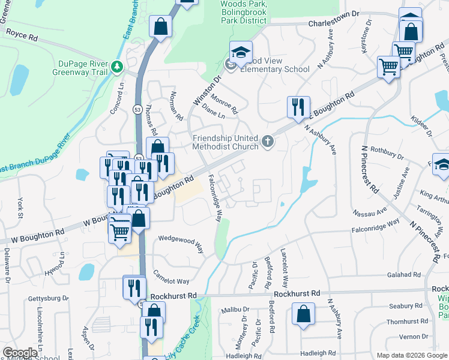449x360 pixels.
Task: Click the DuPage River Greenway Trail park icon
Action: tap(118, 67)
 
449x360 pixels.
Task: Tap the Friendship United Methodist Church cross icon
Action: tap(268, 142)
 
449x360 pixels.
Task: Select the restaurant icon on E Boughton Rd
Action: tap(298, 107)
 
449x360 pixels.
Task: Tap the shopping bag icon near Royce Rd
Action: tap(160, 26)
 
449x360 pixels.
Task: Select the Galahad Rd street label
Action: tap(404, 274)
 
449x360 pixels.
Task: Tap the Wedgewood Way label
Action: tap(181, 241)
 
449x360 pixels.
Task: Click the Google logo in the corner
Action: tap(20, 353)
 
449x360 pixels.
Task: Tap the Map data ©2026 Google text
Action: tap(412, 355)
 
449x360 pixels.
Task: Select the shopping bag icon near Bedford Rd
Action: tap(304, 313)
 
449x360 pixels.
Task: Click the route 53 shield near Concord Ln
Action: tap(137, 109)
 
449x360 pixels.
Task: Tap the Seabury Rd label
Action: tap(406, 305)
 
